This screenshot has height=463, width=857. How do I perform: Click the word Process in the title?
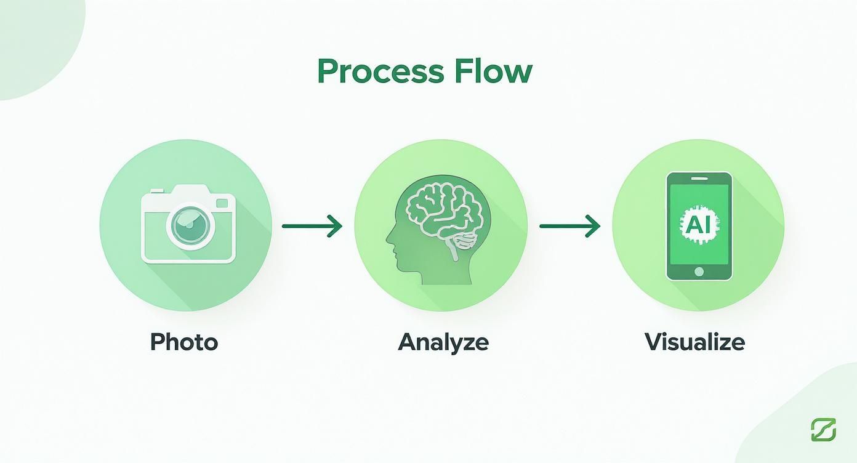click(x=380, y=72)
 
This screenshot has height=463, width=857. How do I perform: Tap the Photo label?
click(x=184, y=342)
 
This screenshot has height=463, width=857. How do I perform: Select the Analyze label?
click(x=443, y=342)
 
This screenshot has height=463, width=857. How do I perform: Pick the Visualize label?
click(x=694, y=342)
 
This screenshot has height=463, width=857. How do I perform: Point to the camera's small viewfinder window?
click(x=222, y=203)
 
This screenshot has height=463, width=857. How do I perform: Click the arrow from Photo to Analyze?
click(x=311, y=226)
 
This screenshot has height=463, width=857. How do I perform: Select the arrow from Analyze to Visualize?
click(x=569, y=226)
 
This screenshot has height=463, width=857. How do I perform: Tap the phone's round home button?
click(x=699, y=272)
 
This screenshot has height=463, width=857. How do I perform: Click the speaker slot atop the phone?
click(x=699, y=179)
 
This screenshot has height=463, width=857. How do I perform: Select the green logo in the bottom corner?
click(x=823, y=429)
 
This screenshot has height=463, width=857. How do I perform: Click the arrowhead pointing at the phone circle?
click(x=593, y=226)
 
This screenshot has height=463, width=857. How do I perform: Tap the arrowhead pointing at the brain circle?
click(x=336, y=226)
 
